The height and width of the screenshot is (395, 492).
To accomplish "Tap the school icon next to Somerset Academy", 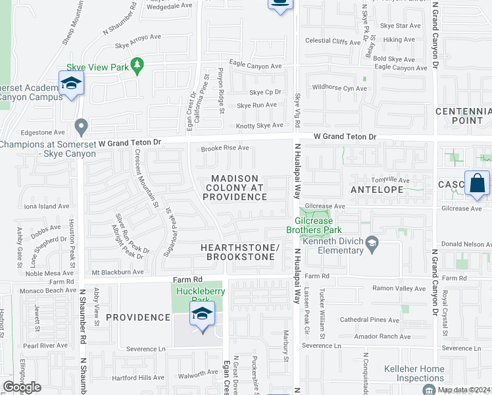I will (70, 84).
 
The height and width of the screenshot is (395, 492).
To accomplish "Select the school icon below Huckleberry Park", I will (202, 314).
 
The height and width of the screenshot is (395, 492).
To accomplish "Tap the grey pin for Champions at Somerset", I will (81, 125).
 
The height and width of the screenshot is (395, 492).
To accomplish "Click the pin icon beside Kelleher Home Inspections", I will (429, 390).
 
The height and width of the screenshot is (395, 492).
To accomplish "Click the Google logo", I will (22, 387).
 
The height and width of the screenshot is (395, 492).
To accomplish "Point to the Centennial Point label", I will (464, 115).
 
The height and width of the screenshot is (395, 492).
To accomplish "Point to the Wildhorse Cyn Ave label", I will (339, 88).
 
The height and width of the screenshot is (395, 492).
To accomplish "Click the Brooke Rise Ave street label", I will (225, 148).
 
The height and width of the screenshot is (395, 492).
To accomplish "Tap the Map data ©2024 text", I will (464, 390).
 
